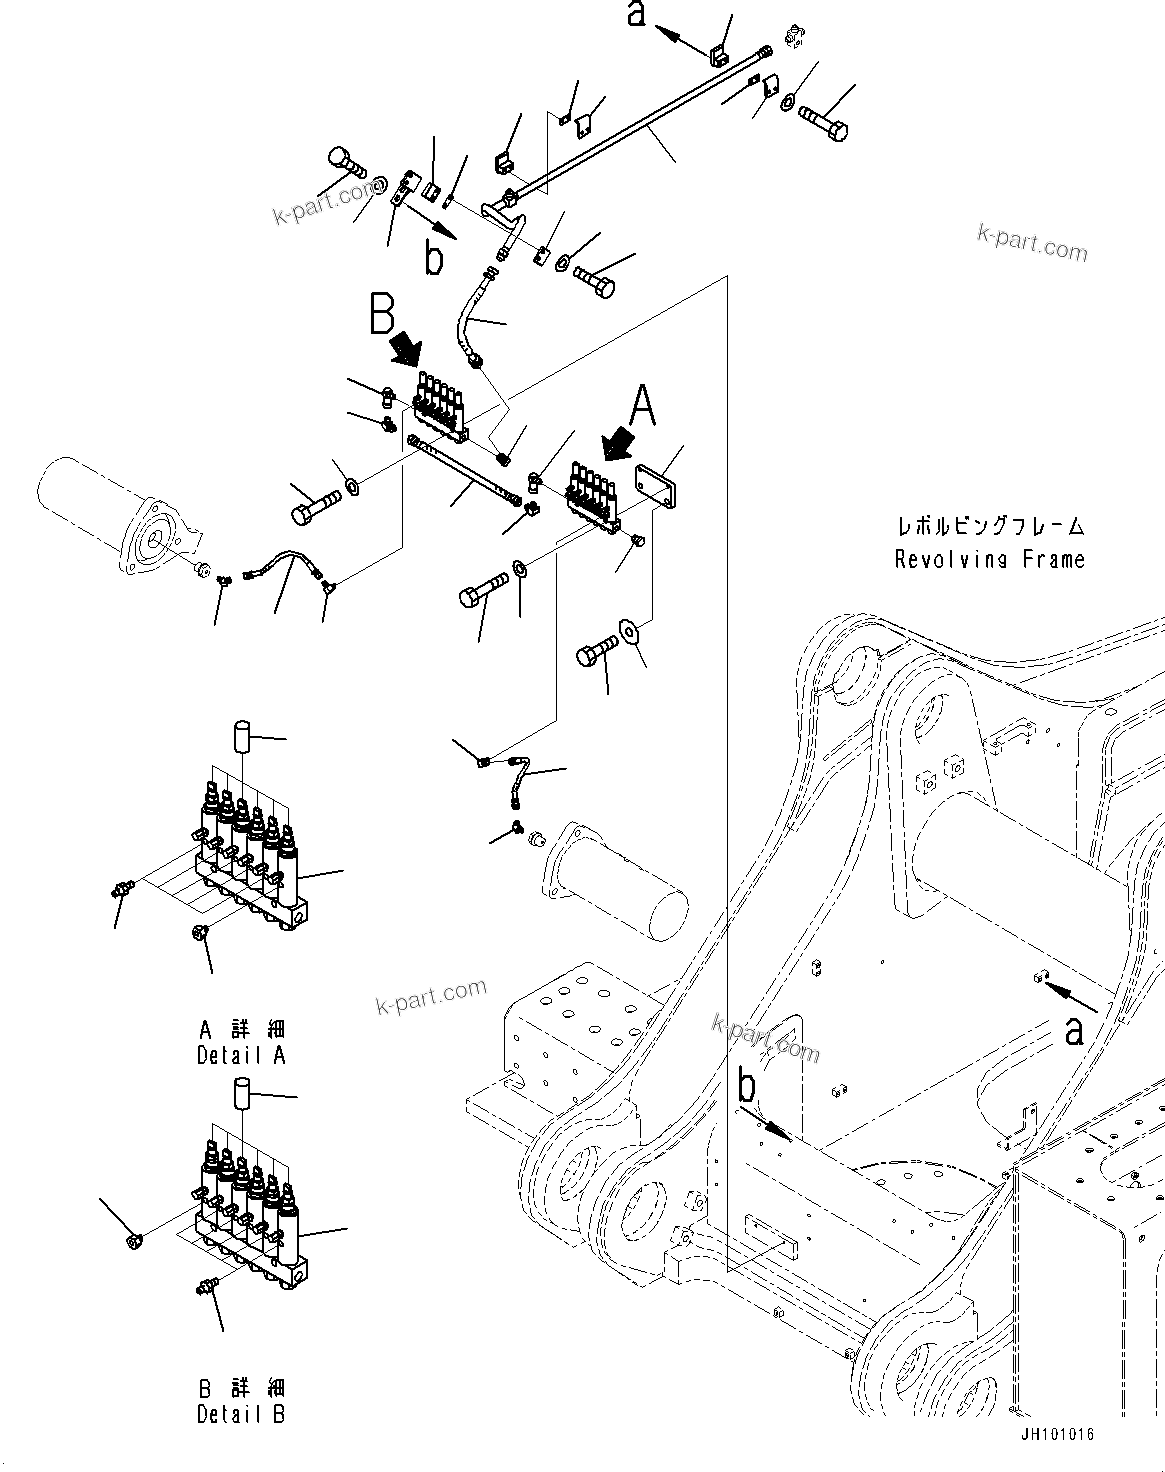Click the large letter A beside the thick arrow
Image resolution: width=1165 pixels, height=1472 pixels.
click(642, 408)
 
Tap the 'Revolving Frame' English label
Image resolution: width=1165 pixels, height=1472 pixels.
click(989, 559)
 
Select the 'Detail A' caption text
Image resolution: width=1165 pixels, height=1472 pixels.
click(241, 1055)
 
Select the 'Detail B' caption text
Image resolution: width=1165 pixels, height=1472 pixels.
click(241, 1415)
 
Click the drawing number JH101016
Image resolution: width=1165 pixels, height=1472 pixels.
click(1057, 1433)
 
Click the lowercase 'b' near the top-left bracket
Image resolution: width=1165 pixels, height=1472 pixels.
click(433, 259)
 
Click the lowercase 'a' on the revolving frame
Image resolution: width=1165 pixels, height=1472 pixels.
click(1074, 1030)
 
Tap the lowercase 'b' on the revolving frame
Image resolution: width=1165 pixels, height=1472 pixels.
click(747, 1085)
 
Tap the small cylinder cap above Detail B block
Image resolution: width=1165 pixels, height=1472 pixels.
click(241, 1094)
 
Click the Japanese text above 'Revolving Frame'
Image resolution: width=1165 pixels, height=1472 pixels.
click(989, 526)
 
